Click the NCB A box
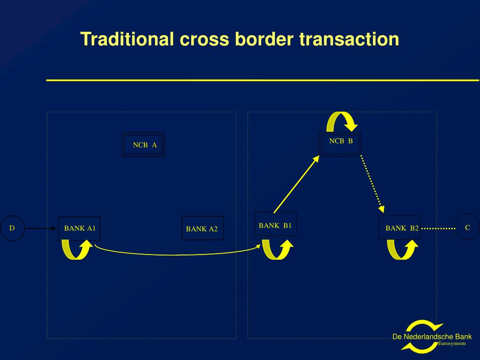[x=143, y=144]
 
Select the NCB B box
[x=340, y=144]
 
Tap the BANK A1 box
[x=79, y=229]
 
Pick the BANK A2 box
[x=202, y=228]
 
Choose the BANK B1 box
[x=275, y=224]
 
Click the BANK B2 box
[x=400, y=228]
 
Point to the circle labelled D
[x=12, y=228]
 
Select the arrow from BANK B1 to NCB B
[x=296, y=183]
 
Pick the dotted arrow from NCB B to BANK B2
[x=373, y=183]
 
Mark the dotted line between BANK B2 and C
[x=438, y=229]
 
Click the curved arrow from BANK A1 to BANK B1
[x=177, y=255]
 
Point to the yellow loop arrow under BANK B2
[x=403, y=249]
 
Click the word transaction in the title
[x=350, y=39]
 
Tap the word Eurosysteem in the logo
[x=452, y=344]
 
